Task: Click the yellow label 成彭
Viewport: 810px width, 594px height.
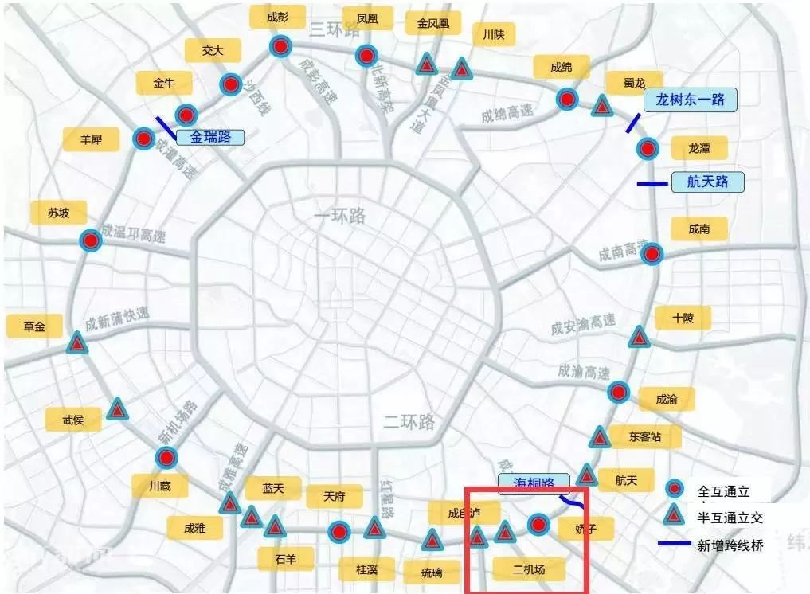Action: [x=277, y=18]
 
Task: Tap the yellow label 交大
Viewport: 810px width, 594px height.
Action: [x=212, y=50]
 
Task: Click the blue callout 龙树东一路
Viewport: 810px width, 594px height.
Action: [x=690, y=100]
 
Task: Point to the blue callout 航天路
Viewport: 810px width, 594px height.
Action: [x=707, y=182]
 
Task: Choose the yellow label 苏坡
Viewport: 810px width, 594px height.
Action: [x=58, y=213]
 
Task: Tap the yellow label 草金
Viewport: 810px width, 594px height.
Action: [x=34, y=326]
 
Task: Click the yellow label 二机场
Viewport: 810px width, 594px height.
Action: [x=528, y=569]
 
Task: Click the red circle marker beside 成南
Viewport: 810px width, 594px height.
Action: [x=652, y=254]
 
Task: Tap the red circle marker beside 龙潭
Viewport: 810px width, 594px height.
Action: [x=648, y=148]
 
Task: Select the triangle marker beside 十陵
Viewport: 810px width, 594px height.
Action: [x=638, y=337]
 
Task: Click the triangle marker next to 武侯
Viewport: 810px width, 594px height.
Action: [x=118, y=410]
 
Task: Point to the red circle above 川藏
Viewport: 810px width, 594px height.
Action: [x=166, y=457]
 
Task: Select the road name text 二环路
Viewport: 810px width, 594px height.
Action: [x=409, y=420]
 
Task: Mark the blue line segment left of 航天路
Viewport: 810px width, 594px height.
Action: [x=652, y=184]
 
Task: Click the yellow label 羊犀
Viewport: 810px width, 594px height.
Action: [x=91, y=139]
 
